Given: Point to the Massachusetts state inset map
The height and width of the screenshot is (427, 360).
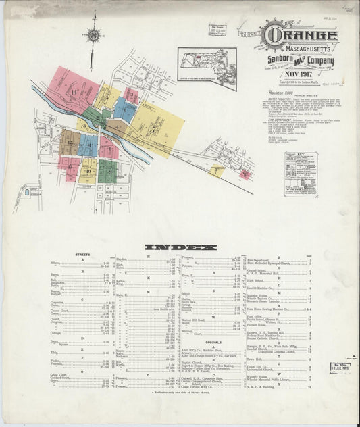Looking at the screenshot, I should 207,68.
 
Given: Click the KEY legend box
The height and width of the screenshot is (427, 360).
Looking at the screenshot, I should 300,174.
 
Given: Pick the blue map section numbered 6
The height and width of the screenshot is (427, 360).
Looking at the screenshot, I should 124,109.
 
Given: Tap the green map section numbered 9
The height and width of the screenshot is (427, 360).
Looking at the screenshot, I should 108,172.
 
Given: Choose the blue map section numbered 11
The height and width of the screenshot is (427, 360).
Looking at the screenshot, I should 88,145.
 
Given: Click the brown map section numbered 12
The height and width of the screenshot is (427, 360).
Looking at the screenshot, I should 69,142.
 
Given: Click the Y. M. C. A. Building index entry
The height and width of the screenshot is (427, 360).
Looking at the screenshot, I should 266,388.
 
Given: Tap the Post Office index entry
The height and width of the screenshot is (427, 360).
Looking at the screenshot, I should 256,316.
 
